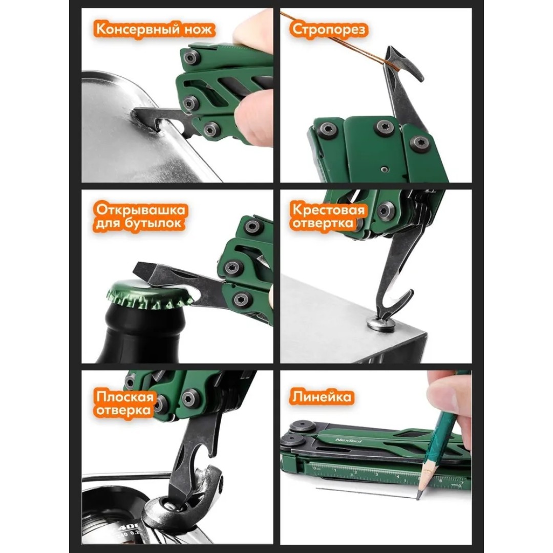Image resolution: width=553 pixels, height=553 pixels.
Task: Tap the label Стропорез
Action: click(329, 30)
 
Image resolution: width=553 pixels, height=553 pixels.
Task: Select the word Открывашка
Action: click(140, 210)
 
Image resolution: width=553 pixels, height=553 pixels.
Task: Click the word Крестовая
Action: click(328, 210)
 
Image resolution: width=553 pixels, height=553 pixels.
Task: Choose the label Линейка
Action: click(321, 397)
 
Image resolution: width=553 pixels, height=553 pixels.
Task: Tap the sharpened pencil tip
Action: click(419, 495)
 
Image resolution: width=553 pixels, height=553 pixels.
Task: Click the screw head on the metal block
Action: click(381, 325)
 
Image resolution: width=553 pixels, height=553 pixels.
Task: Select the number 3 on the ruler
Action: click(376, 474)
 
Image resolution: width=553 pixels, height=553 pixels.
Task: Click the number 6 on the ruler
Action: click(440, 480)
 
